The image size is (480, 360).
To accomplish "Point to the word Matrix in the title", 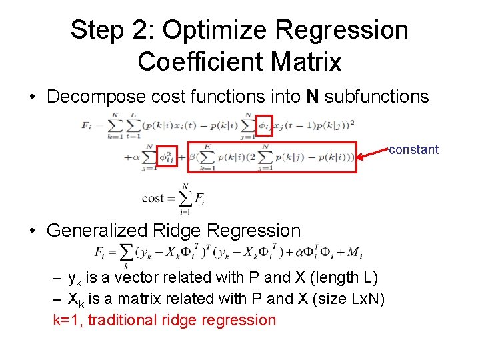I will tap(307, 62).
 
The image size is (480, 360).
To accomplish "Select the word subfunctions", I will tap(377, 97).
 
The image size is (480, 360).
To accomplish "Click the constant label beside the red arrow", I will tap(413, 149).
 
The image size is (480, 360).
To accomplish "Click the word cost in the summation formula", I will tap(153, 198).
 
